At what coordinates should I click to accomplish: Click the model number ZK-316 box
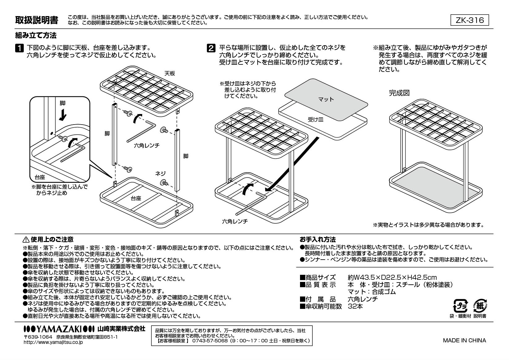(x=469, y=20)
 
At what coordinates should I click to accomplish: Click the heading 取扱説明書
(x=37, y=20)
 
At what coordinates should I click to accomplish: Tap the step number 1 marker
(x=19, y=48)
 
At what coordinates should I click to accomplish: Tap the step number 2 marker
(x=211, y=48)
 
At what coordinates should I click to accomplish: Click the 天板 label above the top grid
(x=169, y=73)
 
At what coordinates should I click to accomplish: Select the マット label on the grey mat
(x=326, y=99)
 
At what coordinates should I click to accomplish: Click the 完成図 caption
(x=399, y=93)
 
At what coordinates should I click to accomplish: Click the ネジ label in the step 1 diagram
(x=160, y=174)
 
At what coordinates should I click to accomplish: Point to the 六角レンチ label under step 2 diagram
(x=235, y=222)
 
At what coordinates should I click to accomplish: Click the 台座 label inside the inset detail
(x=40, y=178)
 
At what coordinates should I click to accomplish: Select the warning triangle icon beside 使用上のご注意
(x=26, y=239)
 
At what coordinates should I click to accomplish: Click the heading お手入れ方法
(x=317, y=239)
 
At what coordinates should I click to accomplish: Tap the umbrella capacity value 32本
(x=355, y=306)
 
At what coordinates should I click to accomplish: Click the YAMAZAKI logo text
(x=59, y=329)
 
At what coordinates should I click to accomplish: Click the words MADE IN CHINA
(x=464, y=340)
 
